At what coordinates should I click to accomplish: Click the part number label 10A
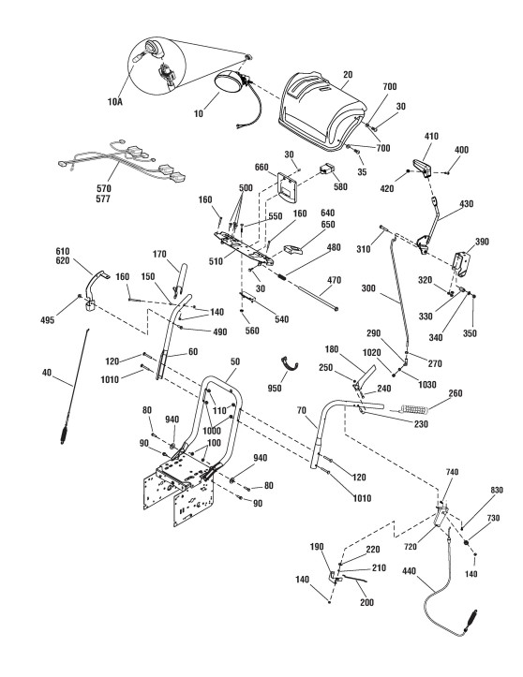tap(115, 102)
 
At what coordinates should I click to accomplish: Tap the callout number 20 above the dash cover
tap(348, 74)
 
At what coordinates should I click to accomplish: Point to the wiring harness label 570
tap(104, 188)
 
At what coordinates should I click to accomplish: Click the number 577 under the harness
tap(104, 199)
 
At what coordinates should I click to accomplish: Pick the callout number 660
tap(261, 167)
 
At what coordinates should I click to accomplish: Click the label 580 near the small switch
tap(340, 187)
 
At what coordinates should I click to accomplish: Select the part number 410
tap(431, 136)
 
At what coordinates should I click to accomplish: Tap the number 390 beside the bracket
tap(482, 242)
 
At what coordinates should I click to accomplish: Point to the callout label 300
tap(368, 288)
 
